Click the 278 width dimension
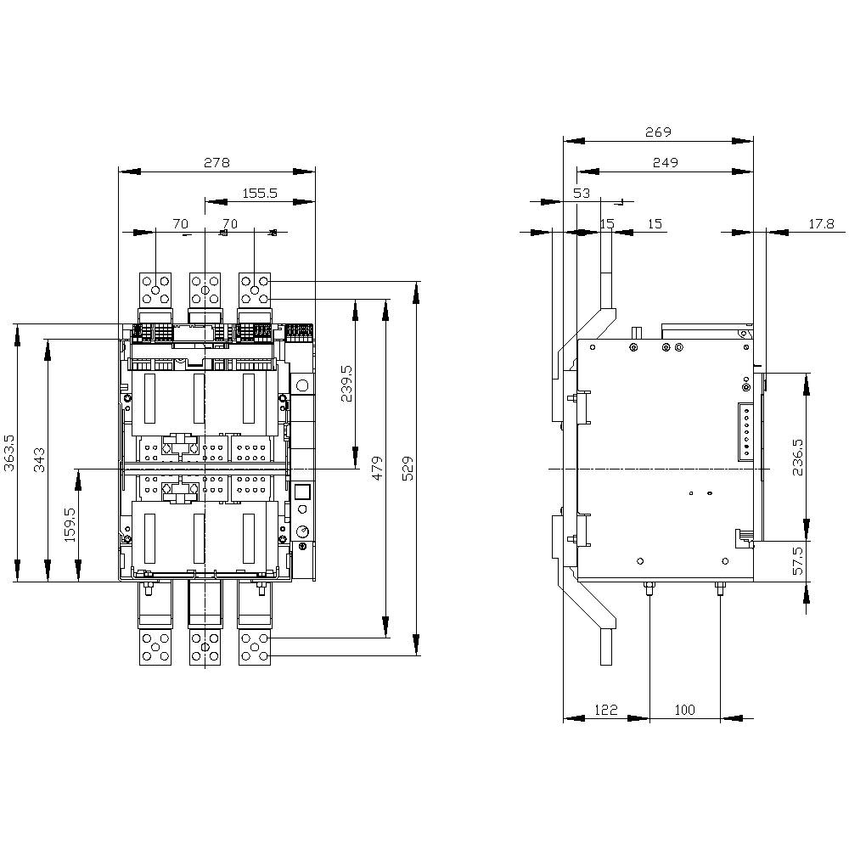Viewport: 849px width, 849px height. pos(216,162)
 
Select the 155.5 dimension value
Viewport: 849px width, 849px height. pos(259,193)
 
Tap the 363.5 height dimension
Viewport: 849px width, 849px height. pos(9,453)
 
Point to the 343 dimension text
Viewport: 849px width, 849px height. pos(40,459)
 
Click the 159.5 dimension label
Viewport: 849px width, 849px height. pos(70,525)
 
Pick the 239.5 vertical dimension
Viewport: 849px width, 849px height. pos(346,384)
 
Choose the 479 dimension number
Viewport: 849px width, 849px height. pos(378,468)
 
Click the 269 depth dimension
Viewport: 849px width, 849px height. pos(658,132)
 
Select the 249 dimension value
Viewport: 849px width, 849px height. pos(665,162)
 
